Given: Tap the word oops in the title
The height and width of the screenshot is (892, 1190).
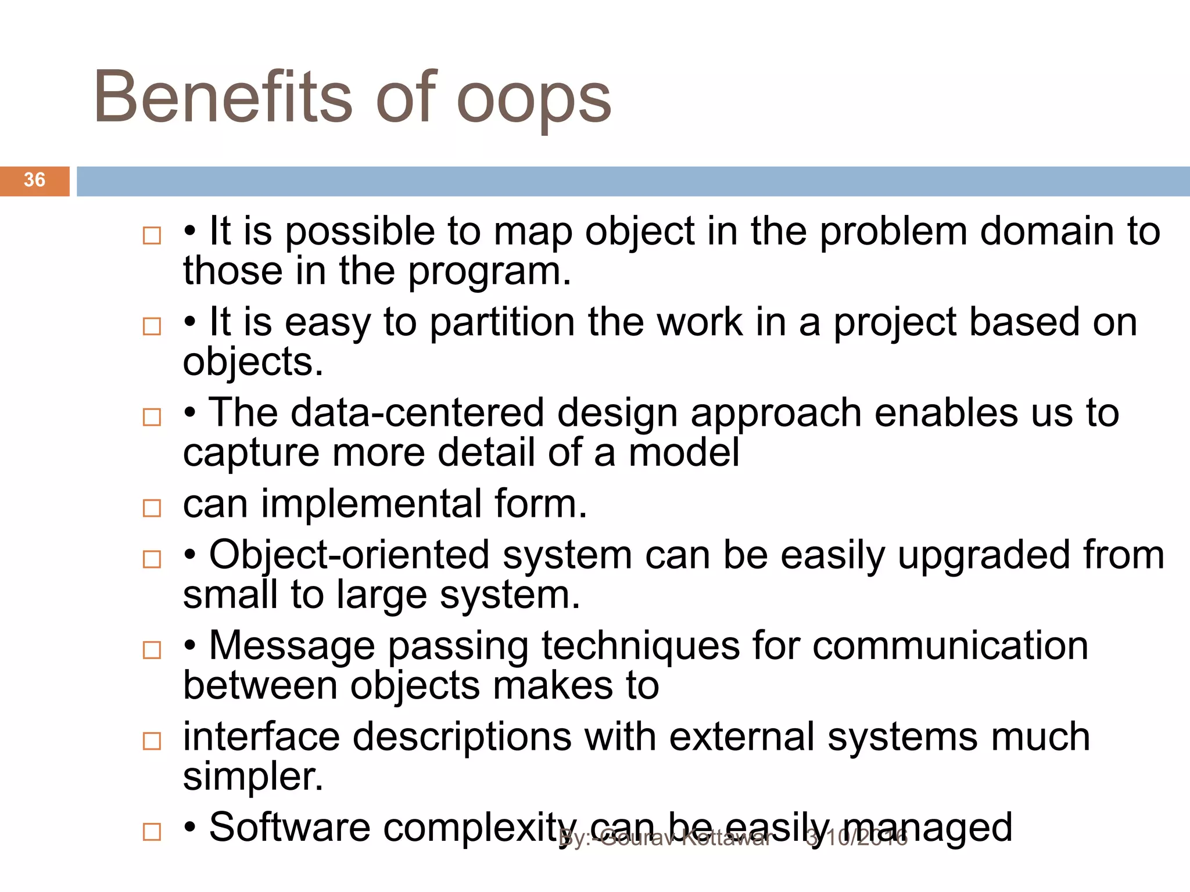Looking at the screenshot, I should pos(533,100).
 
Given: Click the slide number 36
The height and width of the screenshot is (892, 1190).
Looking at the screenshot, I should pos(34,180).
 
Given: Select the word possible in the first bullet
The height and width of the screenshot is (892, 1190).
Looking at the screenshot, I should pos(360,232).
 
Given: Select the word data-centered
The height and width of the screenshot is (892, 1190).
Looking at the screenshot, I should pos(417,413).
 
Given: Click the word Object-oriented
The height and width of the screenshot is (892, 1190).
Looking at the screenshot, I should pos(349,555).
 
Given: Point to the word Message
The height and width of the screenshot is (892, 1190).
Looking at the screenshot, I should pos(292,646).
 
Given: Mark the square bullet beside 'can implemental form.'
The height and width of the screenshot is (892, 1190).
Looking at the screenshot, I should pos(152,508).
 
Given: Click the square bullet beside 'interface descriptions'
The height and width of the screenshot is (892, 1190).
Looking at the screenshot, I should pos(152,741).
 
